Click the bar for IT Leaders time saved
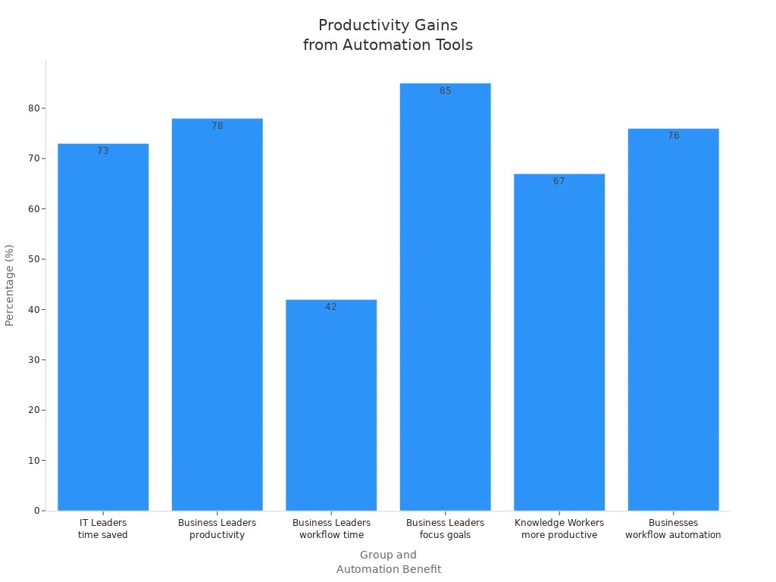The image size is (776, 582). coord(103,326)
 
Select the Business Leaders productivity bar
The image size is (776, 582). coord(217,314)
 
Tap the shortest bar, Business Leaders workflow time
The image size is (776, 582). coord(331,405)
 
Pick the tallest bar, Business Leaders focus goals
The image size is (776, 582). coord(445,296)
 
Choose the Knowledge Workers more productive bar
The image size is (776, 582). coord(559,342)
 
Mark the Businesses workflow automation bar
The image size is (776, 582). coord(673,319)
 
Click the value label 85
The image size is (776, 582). coord(445,91)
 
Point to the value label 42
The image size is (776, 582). coord(331,307)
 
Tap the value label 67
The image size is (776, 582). coord(559,181)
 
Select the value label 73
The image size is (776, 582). coord(103,151)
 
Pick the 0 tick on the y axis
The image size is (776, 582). coord(36,511)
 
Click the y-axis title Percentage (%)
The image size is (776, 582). coord(10,285)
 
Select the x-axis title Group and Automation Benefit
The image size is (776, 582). coord(388,562)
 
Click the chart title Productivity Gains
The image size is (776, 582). coord(388,35)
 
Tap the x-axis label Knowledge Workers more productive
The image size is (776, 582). coord(559,529)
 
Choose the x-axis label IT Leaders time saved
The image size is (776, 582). coord(103,529)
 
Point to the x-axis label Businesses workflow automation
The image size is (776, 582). coord(673,529)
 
